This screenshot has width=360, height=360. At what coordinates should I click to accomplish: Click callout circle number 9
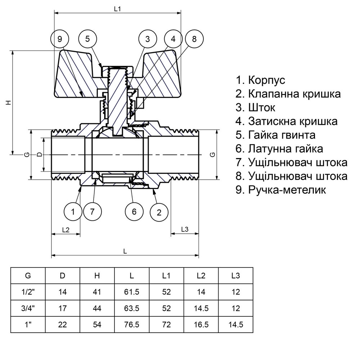60,39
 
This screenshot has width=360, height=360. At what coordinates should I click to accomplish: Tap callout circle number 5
88,39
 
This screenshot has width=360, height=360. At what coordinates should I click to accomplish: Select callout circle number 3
148,39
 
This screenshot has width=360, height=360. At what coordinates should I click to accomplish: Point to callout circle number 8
194,39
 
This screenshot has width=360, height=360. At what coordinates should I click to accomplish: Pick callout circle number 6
134,211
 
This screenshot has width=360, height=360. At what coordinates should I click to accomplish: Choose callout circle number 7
92,211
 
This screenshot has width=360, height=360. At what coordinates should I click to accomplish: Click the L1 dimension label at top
117,9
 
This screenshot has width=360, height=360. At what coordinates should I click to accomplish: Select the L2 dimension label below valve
66,229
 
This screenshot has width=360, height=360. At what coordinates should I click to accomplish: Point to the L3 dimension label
185,229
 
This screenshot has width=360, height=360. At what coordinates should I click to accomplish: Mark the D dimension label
39,154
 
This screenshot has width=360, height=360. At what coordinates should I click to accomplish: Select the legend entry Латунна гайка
279,149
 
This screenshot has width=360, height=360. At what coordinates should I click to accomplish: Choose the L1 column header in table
166,276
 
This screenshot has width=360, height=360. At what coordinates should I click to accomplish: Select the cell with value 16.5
201,324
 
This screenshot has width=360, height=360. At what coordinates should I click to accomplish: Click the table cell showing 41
97,292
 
